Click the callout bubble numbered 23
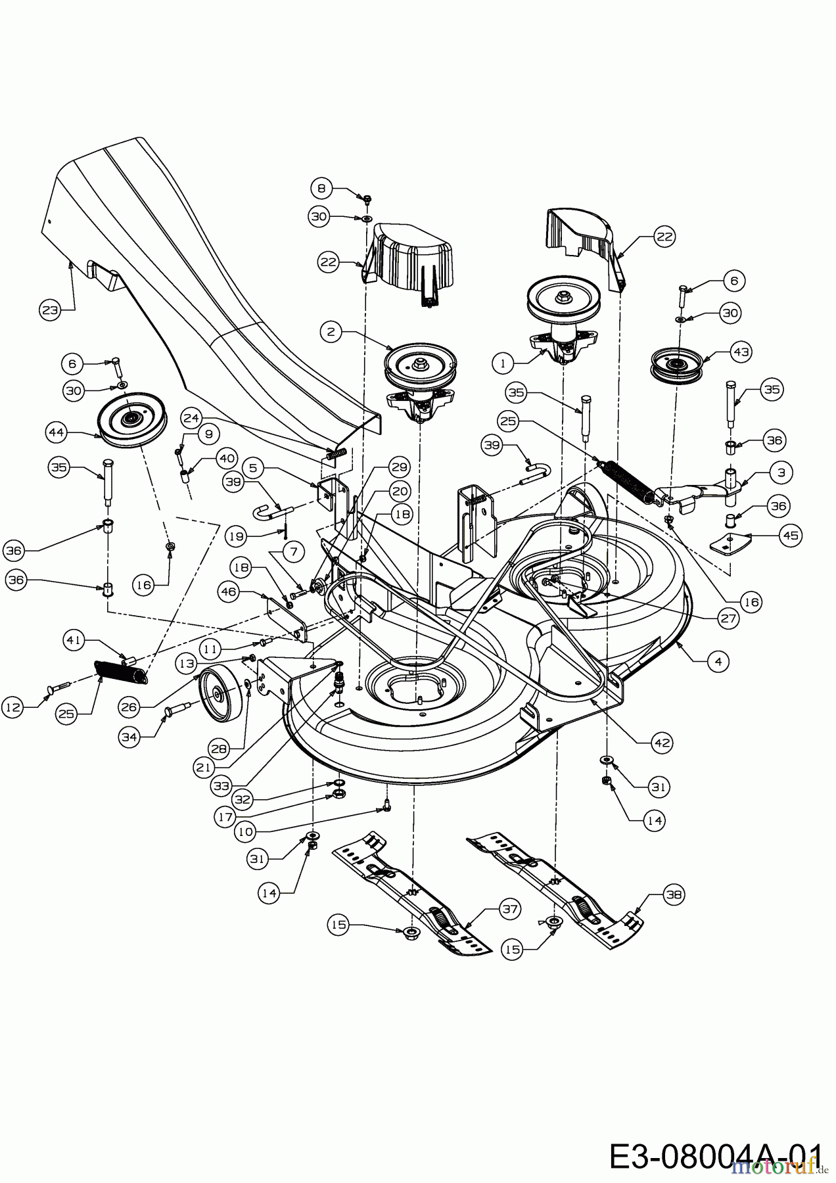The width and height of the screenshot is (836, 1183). (50, 310)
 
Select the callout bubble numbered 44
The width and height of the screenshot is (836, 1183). (57, 432)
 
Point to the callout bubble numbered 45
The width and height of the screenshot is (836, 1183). (791, 536)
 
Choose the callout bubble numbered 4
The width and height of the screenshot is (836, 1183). (718, 662)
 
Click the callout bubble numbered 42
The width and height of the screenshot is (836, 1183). (662, 743)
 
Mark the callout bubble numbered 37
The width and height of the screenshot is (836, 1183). (509, 910)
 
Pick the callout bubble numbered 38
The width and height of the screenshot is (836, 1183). (674, 894)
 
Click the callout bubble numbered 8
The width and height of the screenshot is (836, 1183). (321, 189)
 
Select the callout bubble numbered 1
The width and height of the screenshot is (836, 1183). (502, 362)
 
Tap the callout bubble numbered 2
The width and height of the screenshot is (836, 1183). (331, 333)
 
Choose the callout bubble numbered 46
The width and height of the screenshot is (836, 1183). (229, 592)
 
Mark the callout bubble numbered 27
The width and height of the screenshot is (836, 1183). (728, 618)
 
